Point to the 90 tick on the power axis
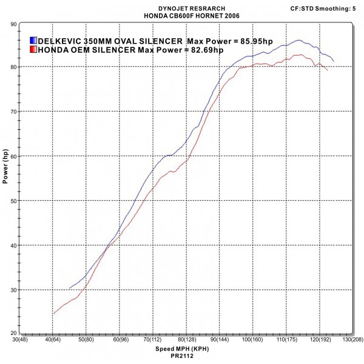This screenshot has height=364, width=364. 13,24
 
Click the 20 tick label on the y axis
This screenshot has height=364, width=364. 13,334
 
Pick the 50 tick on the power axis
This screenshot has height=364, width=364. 13,201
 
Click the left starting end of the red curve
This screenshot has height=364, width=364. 53,314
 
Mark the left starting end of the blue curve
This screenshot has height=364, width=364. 70,288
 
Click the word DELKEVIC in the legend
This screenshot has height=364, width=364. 59,40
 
